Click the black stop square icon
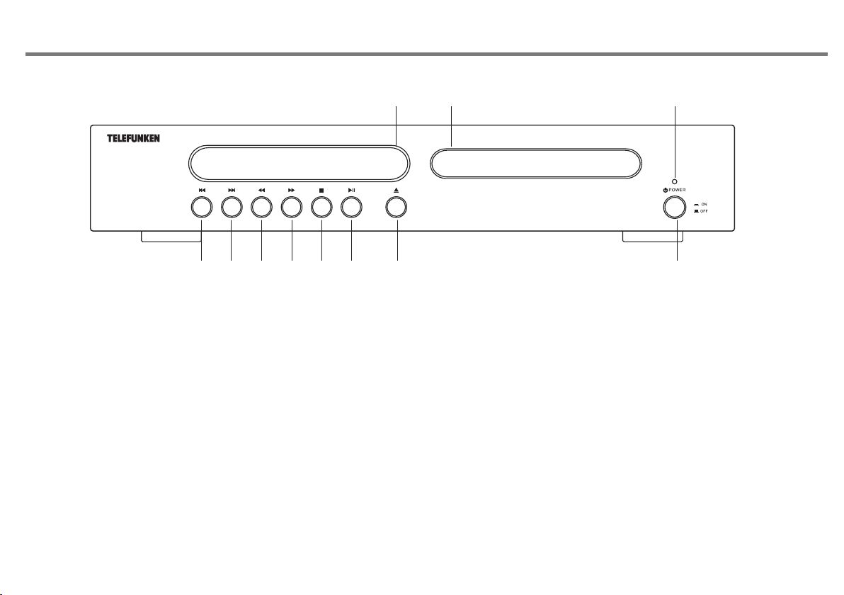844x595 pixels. tap(321, 191)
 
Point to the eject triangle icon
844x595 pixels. tap(397, 191)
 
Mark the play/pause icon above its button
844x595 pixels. tap(351, 191)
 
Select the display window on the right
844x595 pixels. tap(536, 163)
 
